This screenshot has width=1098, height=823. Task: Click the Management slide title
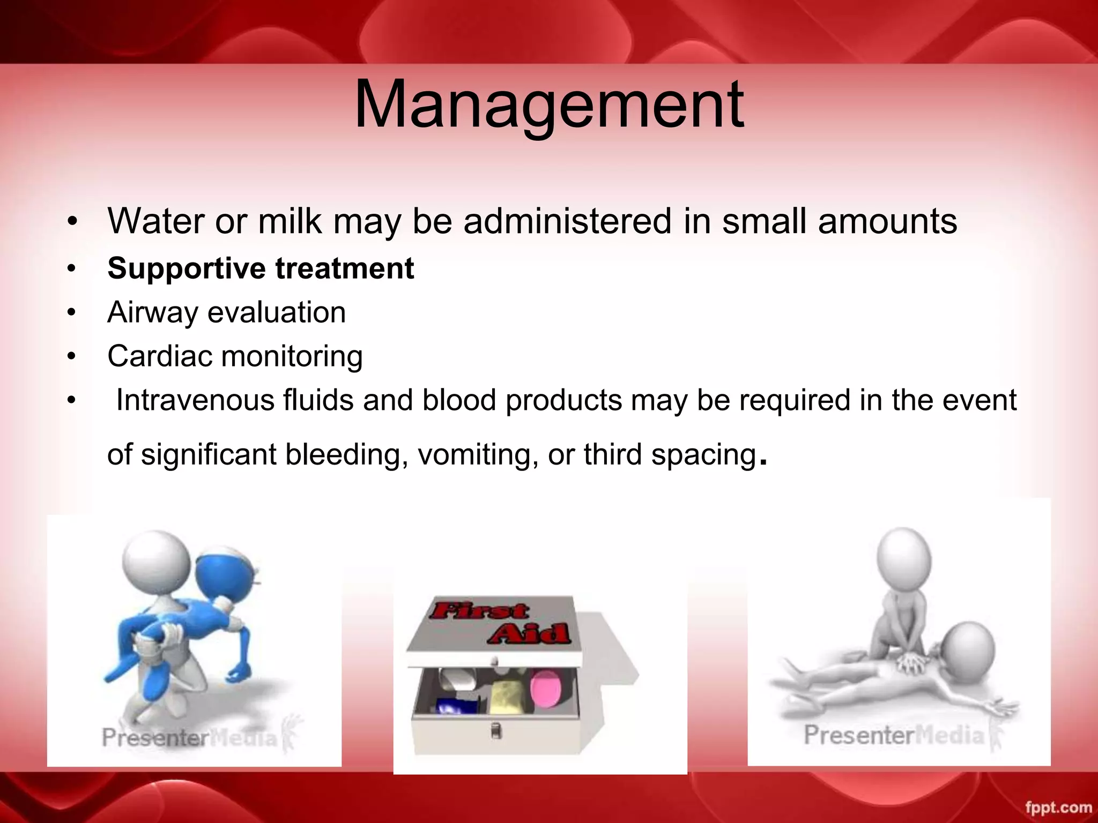point(549,104)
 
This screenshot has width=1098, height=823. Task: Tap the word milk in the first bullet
point(289,221)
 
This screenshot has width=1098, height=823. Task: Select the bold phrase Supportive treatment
point(261,268)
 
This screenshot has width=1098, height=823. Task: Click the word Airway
point(152,312)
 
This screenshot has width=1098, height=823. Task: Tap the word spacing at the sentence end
point(703,455)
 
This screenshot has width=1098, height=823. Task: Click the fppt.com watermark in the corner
point(1058,807)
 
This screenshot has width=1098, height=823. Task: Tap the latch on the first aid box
point(496,730)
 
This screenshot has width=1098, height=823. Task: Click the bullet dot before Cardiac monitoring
point(72,356)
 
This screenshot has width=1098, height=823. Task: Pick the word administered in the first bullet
point(567,221)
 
